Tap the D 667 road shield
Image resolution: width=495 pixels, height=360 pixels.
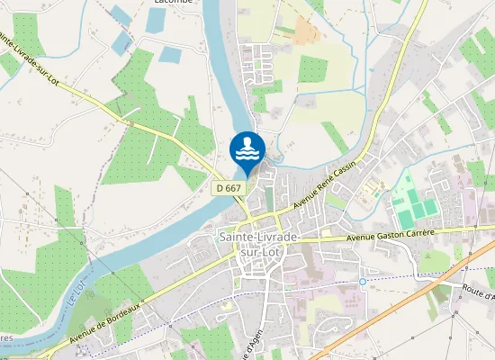229,188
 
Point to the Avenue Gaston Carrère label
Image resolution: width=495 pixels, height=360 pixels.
391,235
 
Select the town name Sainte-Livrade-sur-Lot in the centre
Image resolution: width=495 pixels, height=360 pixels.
260,244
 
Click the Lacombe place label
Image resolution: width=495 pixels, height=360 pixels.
173,3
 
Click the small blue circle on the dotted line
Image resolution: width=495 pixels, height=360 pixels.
363,282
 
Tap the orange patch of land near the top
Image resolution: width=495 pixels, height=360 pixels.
307,32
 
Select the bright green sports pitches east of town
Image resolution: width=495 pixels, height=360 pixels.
414,202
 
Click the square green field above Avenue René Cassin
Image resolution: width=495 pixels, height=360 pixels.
312,69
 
